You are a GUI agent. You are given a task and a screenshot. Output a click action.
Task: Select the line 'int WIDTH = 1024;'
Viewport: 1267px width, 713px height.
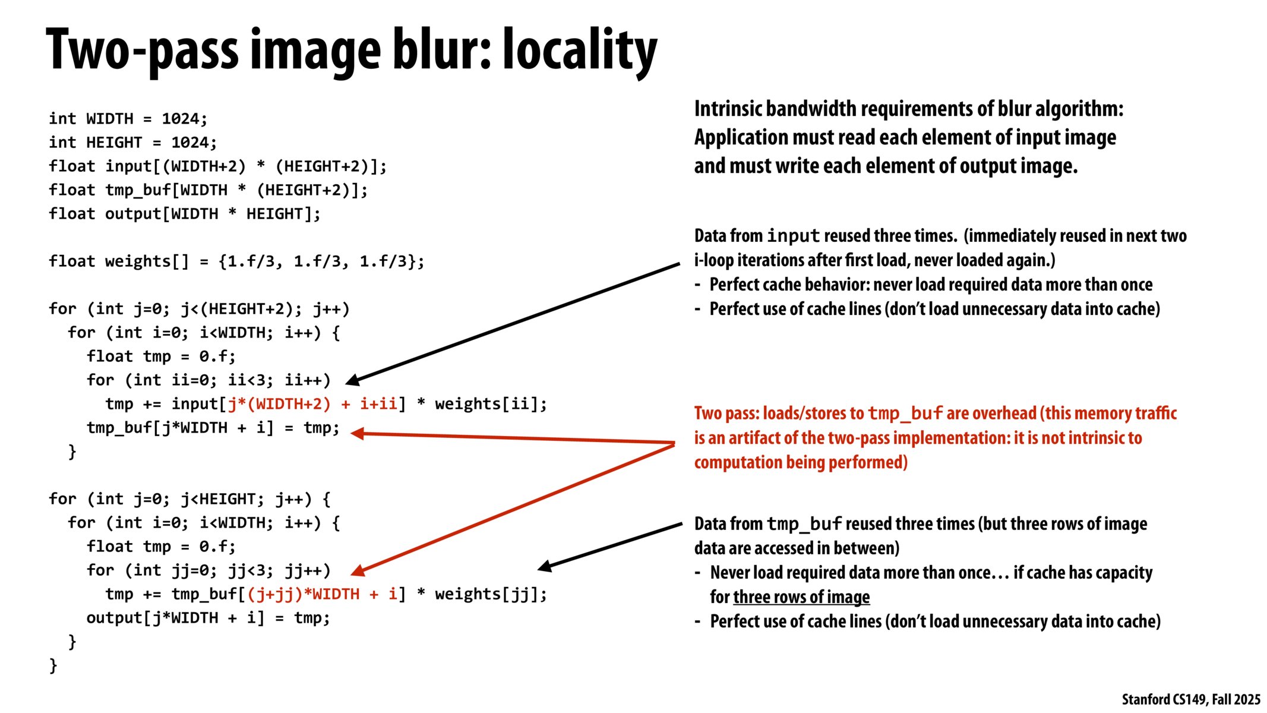point(128,119)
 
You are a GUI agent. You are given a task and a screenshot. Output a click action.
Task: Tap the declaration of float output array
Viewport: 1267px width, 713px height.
point(184,214)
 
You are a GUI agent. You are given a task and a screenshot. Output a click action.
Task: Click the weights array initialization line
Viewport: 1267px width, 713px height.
point(236,261)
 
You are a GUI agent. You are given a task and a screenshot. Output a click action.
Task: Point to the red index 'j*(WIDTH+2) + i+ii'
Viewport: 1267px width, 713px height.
point(312,404)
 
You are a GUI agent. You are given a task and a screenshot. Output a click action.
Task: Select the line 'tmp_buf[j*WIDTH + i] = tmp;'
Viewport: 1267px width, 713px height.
point(213,428)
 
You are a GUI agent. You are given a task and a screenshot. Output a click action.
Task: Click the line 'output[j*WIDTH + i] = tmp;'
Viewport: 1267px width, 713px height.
point(208,618)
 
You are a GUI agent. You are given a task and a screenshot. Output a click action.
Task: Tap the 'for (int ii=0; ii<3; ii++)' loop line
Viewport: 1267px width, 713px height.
point(208,380)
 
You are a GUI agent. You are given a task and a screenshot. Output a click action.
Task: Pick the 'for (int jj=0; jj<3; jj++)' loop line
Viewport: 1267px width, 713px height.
point(208,570)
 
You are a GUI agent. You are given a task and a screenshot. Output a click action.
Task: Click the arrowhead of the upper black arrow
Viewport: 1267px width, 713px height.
point(352,380)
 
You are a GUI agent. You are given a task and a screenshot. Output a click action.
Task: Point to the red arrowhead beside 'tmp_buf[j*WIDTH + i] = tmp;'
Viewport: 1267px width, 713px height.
point(357,434)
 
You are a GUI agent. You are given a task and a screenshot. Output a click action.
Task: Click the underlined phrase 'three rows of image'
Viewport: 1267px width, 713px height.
point(801,597)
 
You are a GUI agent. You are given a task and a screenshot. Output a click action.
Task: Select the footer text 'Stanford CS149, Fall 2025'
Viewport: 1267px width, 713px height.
point(1190,699)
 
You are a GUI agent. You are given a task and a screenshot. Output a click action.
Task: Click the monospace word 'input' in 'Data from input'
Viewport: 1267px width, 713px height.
point(793,236)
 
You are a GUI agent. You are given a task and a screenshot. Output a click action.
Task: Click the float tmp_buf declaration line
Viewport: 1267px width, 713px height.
point(208,190)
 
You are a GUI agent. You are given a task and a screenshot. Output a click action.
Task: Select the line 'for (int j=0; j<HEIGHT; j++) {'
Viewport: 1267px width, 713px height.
point(189,499)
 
